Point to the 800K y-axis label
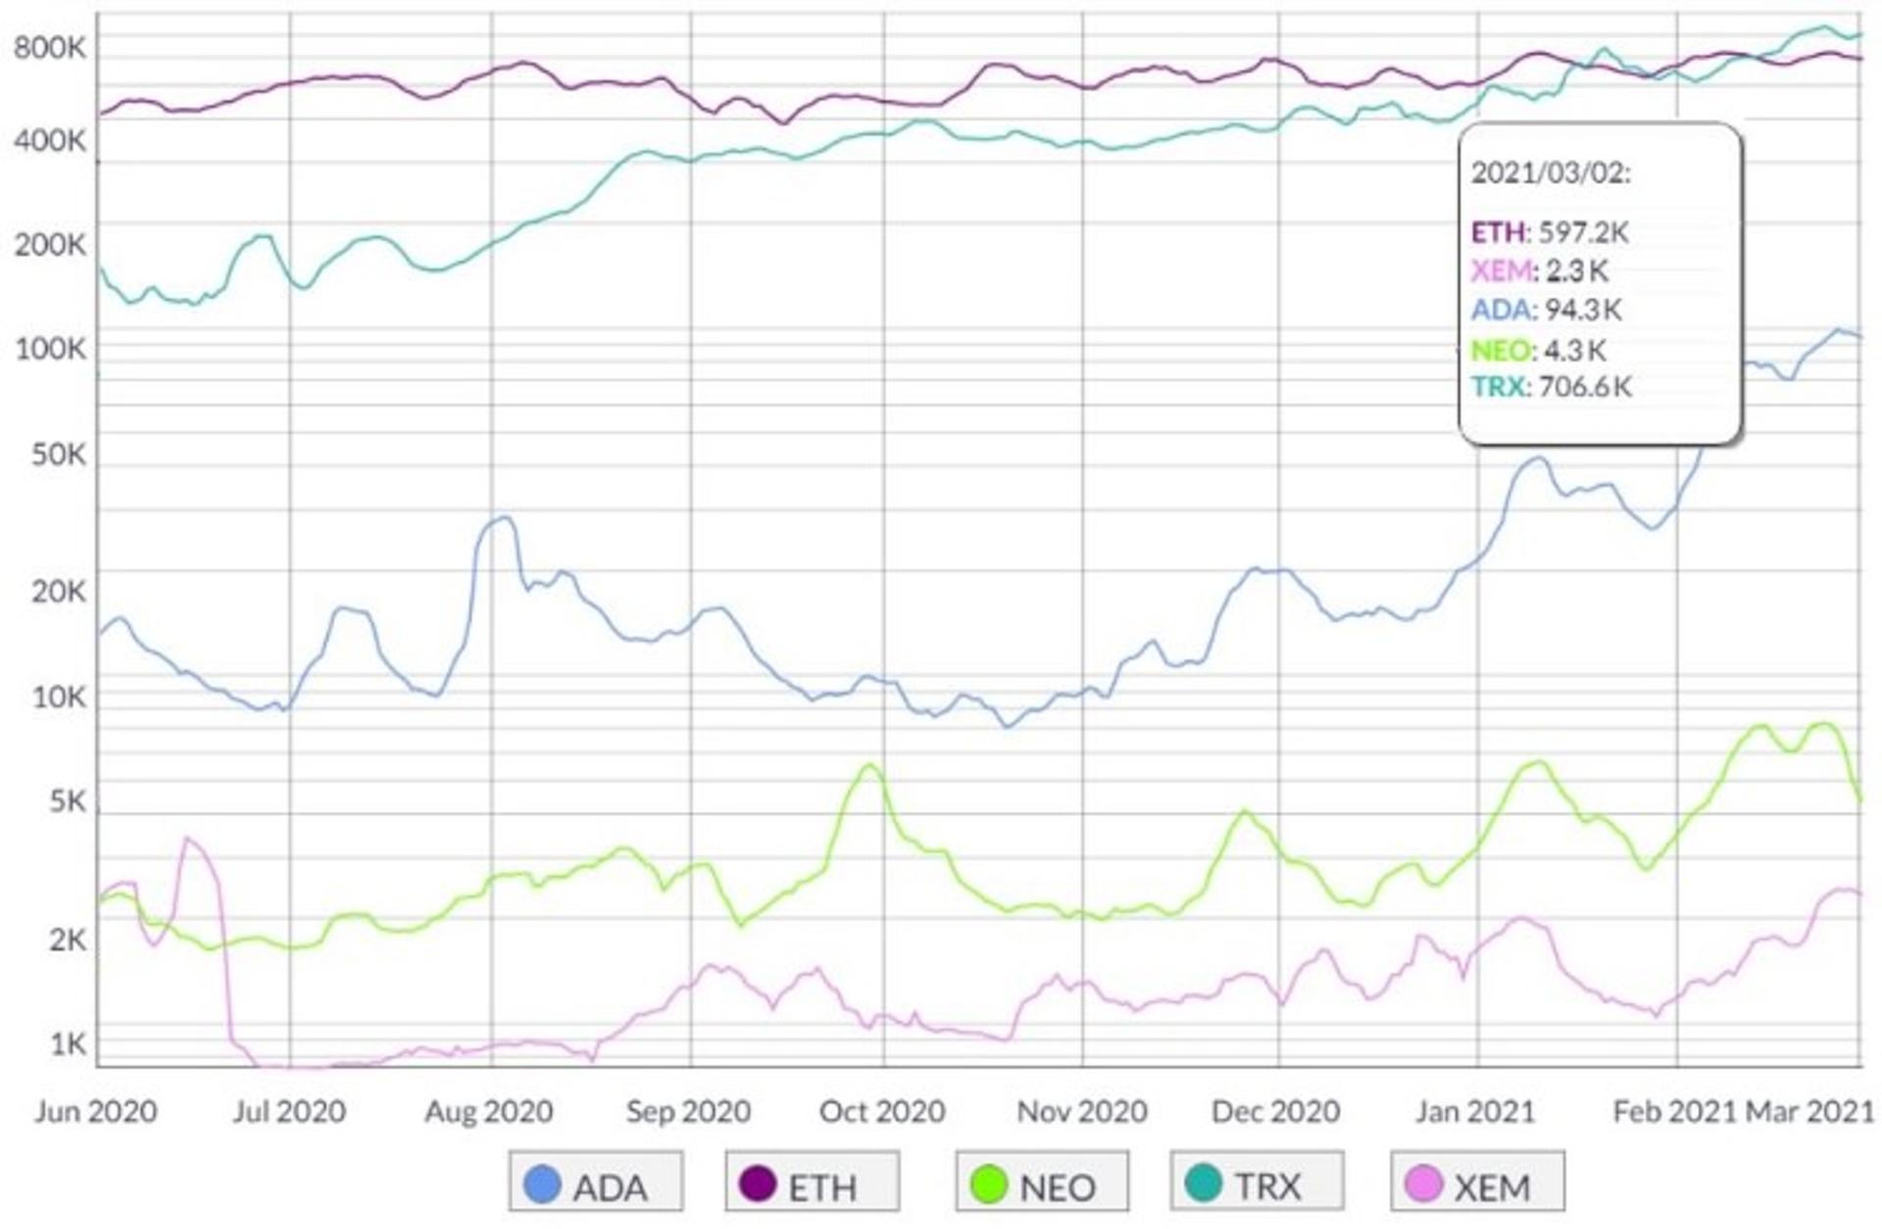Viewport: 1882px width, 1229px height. tap(49, 47)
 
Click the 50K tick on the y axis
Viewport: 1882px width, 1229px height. tap(58, 455)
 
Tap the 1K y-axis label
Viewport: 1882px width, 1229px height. tap(68, 1044)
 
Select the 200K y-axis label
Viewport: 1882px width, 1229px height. tap(49, 244)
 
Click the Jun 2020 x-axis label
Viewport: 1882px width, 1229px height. tap(96, 1111)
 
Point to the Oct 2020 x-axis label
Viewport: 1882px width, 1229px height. tap(882, 1111)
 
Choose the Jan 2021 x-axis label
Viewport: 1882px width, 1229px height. tap(1474, 1111)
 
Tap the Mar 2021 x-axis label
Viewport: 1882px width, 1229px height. tap(1810, 1111)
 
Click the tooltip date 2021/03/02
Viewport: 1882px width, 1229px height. tap(1551, 173)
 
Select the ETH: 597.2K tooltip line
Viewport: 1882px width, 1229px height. tap(1550, 232)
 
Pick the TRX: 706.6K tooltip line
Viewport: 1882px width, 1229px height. tap(1552, 386)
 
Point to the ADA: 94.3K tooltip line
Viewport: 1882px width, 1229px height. tap(1547, 310)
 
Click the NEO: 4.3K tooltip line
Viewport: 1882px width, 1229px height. tap(1539, 350)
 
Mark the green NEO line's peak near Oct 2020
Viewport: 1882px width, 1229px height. tap(870, 765)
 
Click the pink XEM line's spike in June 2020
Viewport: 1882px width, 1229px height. tap(187, 839)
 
